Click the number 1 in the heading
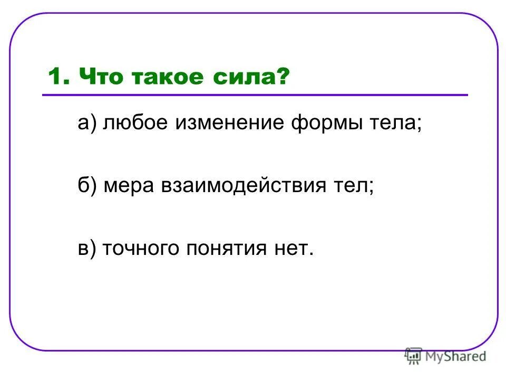(x=54, y=77)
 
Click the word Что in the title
(x=99, y=77)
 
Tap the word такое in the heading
(x=168, y=77)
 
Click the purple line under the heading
(x=255, y=95)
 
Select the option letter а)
(x=86, y=124)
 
